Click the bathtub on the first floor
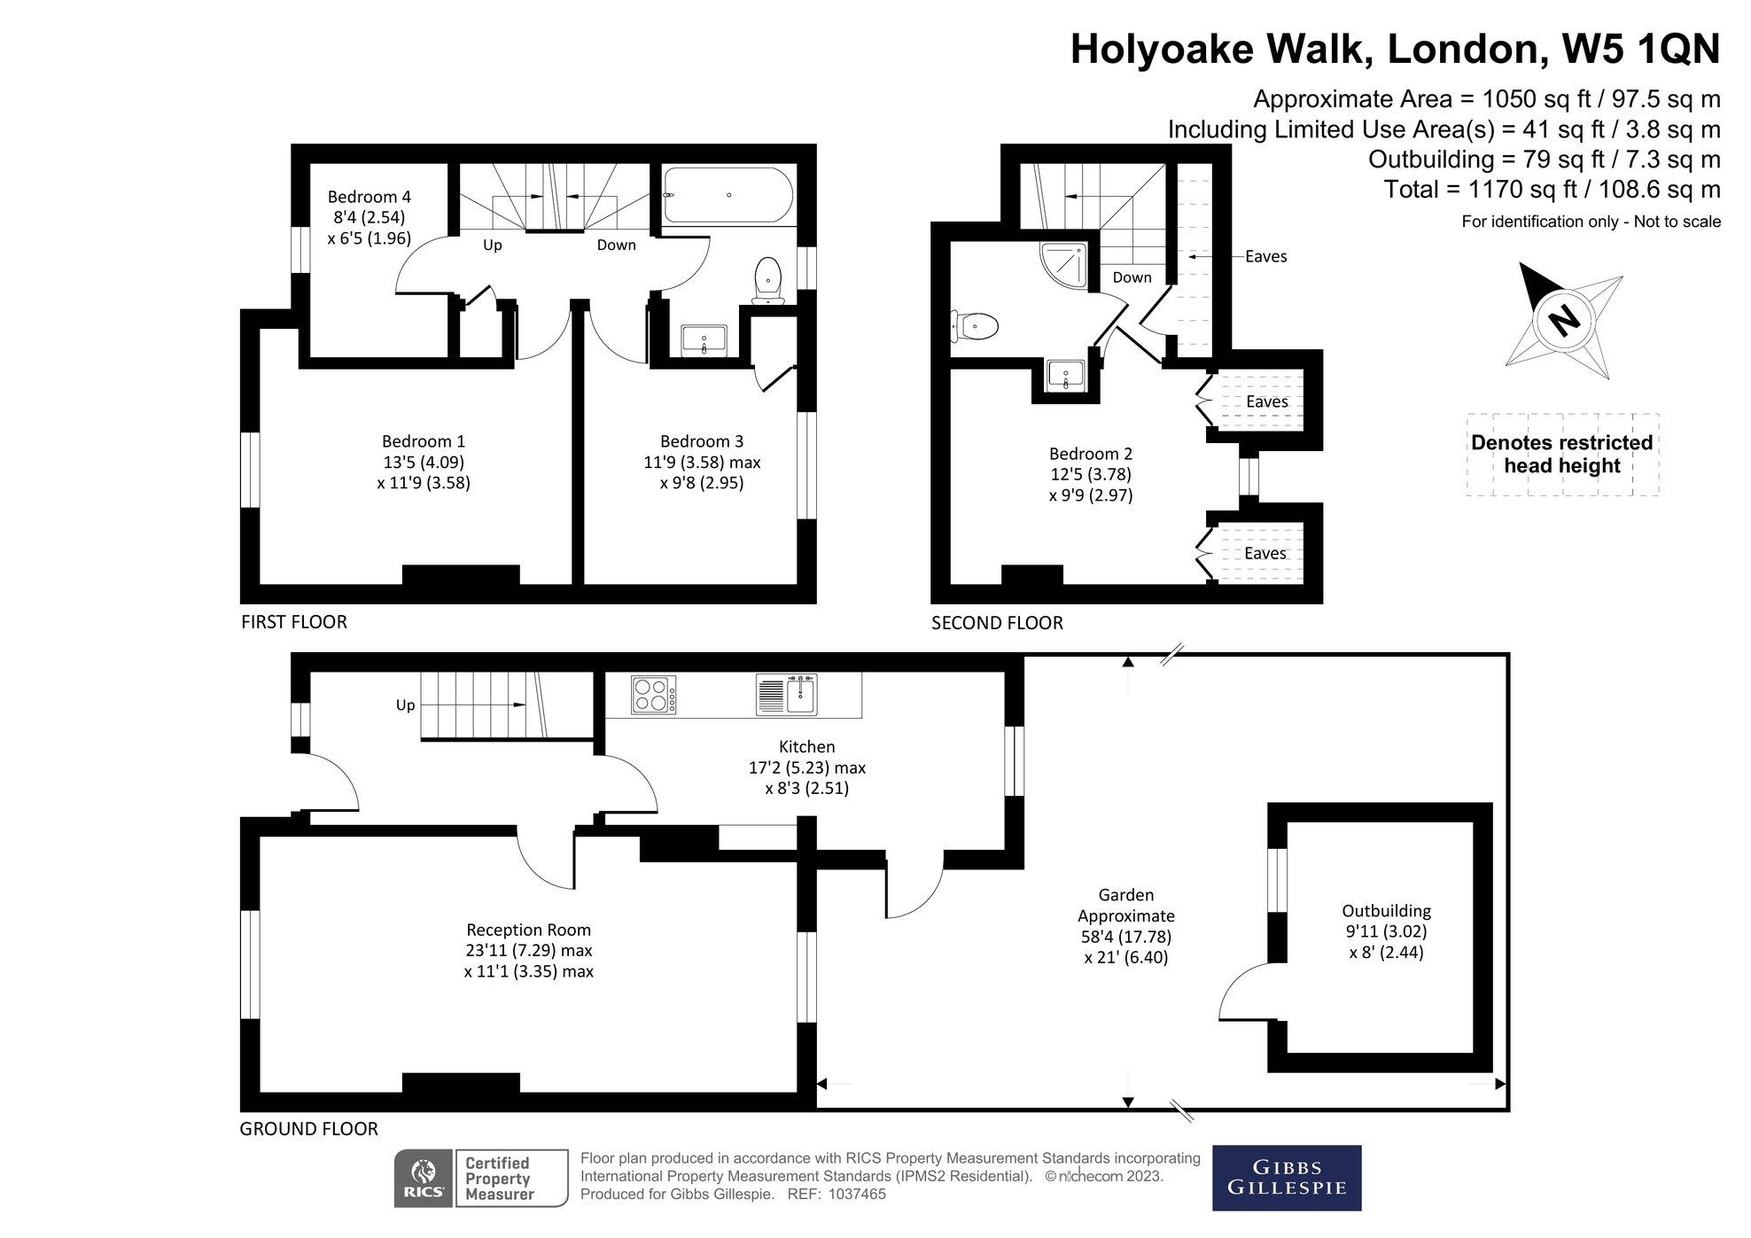click(x=728, y=195)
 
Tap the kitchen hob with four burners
click(x=654, y=695)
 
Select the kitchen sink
click(x=787, y=695)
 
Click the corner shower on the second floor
click(x=1062, y=266)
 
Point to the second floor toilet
click(x=975, y=325)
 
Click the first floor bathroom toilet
click(x=767, y=281)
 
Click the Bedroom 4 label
click(x=370, y=197)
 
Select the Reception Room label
click(x=529, y=930)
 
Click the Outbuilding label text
click(x=1386, y=911)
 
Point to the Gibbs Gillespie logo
click(x=1287, y=1178)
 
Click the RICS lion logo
click(x=424, y=1178)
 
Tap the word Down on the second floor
click(x=1132, y=277)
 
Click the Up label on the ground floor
click(x=405, y=705)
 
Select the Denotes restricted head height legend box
click(x=1562, y=455)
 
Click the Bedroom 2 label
click(x=1091, y=454)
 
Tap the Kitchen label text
click(x=806, y=747)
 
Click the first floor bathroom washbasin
click(x=704, y=339)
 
